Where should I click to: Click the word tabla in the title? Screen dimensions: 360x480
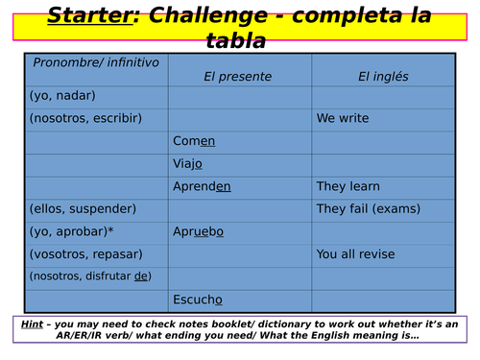coord(236,40)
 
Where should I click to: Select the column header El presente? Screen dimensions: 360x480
coord(237,77)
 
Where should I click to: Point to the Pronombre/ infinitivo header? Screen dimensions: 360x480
coord(96,62)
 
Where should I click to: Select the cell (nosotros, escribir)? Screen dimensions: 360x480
coord(85,118)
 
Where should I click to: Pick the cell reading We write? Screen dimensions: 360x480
coord(343,119)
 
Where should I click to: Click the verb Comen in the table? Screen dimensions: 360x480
coord(194,141)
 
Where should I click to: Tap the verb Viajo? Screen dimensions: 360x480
coord(188,164)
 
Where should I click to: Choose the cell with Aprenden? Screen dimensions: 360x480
coord(202,186)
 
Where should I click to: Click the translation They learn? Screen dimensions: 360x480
coord(348,186)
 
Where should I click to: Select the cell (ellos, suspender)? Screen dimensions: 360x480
coord(83,208)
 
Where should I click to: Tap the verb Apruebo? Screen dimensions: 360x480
coord(199,231)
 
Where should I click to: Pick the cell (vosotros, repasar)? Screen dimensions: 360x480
coord(86,254)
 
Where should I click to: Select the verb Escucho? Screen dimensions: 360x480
coord(198,300)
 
